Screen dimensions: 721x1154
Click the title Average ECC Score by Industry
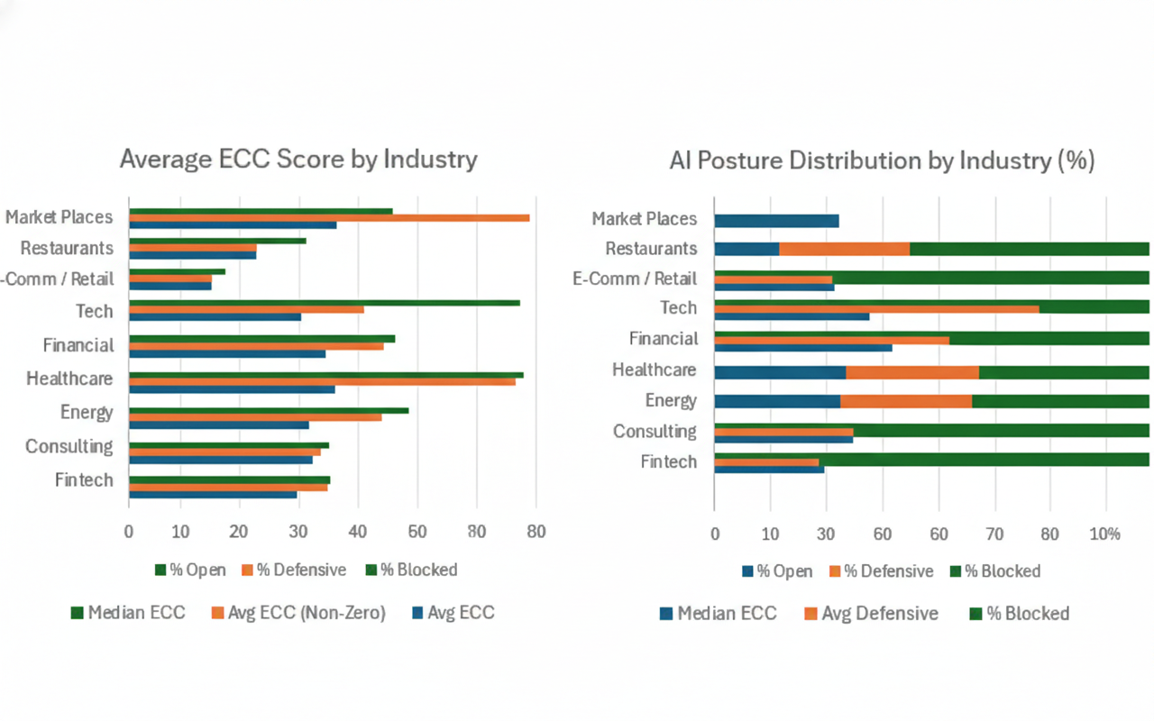(x=298, y=160)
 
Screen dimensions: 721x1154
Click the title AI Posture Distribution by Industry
(x=882, y=161)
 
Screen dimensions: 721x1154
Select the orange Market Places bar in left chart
(x=329, y=218)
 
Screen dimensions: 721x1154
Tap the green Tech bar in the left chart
(x=325, y=303)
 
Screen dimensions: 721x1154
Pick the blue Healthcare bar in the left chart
(x=232, y=389)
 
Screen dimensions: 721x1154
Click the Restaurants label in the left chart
(x=67, y=249)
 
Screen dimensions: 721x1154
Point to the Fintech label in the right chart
(x=668, y=462)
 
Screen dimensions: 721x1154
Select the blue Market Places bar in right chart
(x=776, y=221)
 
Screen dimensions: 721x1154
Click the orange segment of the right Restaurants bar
(x=844, y=250)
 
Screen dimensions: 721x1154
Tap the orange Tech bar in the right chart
(x=875, y=309)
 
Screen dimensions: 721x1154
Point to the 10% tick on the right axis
(x=1105, y=534)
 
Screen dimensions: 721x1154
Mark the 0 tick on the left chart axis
(x=129, y=532)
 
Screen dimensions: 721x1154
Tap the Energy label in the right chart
(x=671, y=401)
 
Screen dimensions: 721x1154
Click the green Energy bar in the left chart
(x=269, y=410)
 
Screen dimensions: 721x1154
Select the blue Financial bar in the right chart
(x=802, y=347)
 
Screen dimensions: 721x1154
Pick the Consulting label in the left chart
(x=69, y=447)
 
